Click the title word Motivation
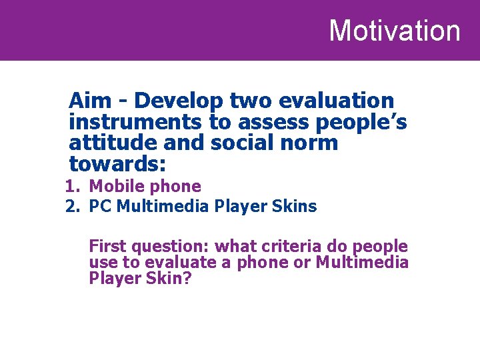click(x=394, y=31)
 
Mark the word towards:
click(x=117, y=163)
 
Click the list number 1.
click(x=72, y=187)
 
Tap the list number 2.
click(x=72, y=207)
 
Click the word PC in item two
click(x=101, y=207)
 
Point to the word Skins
click(x=295, y=207)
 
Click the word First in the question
click(x=107, y=246)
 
